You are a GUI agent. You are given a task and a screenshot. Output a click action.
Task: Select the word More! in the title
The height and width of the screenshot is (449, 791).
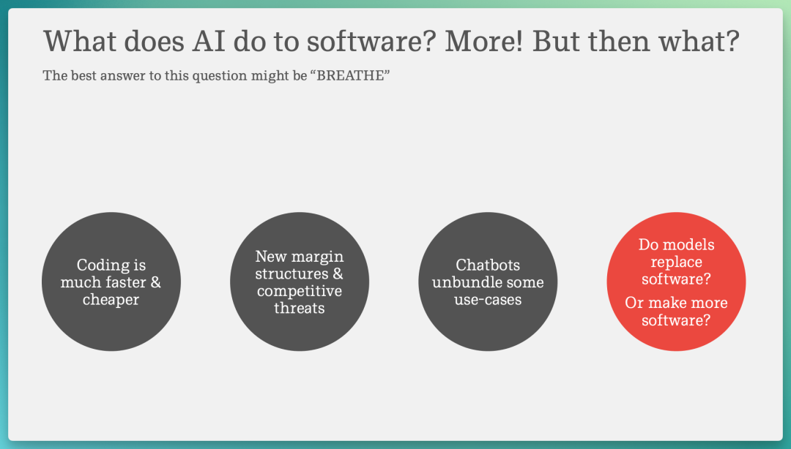click(x=484, y=41)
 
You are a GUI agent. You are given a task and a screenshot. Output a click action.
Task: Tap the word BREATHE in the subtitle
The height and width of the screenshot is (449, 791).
click(x=350, y=75)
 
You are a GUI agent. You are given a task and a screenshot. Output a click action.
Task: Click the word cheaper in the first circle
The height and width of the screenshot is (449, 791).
click(x=111, y=299)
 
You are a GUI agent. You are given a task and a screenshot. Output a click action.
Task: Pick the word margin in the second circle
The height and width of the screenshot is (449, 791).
click(x=320, y=257)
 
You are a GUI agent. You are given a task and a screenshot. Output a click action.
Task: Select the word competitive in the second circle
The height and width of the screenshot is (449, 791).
click(x=300, y=291)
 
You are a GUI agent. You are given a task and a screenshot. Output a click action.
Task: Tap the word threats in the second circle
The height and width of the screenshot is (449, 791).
click(x=300, y=308)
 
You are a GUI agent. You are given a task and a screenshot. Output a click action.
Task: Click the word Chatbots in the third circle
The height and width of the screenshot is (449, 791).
click(x=488, y=265)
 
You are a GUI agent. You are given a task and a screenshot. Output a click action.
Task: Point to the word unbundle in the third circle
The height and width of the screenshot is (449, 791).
click(x=463, y=282)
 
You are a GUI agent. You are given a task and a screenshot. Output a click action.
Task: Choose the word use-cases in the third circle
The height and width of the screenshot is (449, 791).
click(x=488, y=300)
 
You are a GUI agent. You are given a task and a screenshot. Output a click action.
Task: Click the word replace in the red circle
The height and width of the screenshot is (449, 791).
click(x=676, y=263)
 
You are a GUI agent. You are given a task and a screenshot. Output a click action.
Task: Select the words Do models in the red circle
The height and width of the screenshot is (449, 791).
click(x=677, y=245)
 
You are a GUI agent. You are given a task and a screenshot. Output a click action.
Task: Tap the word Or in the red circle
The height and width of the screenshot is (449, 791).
click(x=634, y=303)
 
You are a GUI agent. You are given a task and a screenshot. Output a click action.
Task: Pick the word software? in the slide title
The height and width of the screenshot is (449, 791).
click(x=371, y=41)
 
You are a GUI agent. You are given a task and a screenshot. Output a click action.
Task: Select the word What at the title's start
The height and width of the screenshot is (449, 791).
click(x=80, y=41)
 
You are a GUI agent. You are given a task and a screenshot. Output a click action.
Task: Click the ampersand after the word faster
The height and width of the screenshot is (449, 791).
click(x=156, y=282)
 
